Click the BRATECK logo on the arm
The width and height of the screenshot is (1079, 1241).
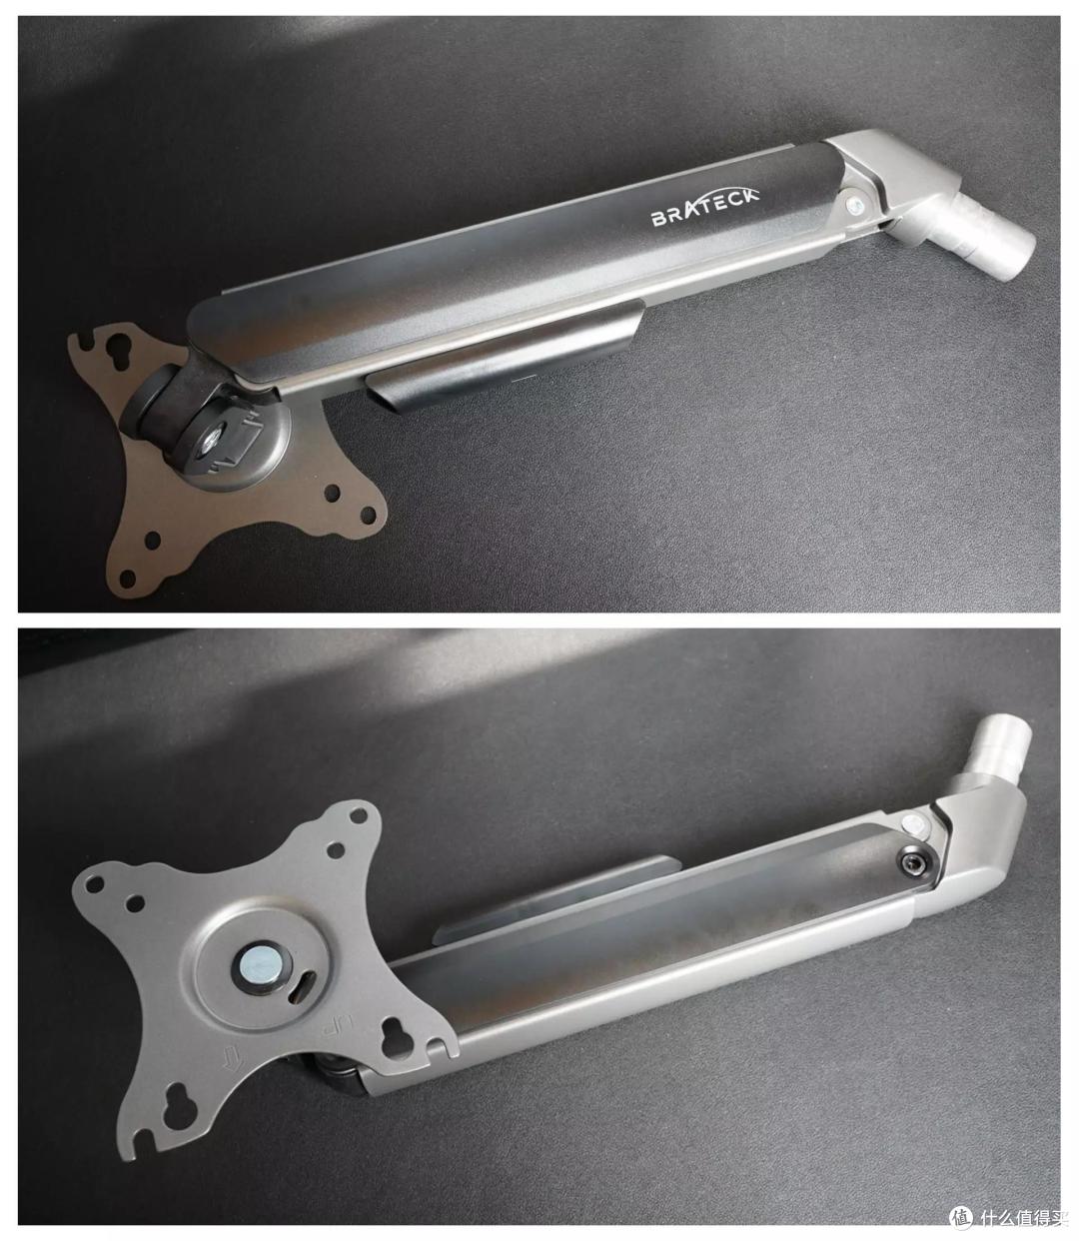pyautogui.click(x=704, y=208)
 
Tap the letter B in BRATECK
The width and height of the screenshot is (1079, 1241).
pyautogui.click(x=658, y=219)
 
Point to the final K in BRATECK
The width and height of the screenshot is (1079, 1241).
pyautogui.click(x=750, y=195)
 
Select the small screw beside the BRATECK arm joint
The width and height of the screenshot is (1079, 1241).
pyautogui.click(x=856, y=205)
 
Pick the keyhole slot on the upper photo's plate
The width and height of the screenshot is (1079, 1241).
pyautogui.click(x=117, y=351)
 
